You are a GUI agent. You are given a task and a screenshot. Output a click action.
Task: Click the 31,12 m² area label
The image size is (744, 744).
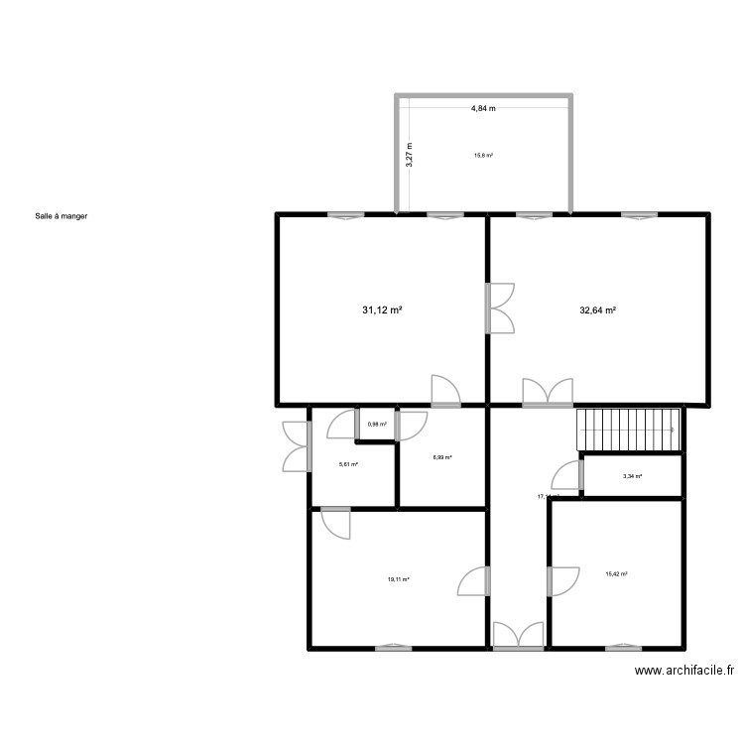[x=382, y=310]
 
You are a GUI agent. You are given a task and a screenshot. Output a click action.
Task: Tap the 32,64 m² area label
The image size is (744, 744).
[x=598, y=310]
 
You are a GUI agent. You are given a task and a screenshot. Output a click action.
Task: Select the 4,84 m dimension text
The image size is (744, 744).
[x=483, y=108]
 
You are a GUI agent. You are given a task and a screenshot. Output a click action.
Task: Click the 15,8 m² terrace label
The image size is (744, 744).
[x=483, y=155]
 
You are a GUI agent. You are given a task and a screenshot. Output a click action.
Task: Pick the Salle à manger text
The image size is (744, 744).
[x=62, y=214]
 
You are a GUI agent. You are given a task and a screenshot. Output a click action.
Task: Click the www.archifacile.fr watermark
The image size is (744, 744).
[x=684, y=671]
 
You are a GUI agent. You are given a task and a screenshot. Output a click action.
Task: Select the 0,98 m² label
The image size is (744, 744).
[x=377, y=425]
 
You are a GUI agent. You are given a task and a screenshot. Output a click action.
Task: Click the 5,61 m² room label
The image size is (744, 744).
[x=348, y=463]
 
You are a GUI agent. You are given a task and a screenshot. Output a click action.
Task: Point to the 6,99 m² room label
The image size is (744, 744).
[x=442, y=457]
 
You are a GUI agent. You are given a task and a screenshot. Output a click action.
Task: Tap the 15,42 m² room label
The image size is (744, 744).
[x=617, y=573]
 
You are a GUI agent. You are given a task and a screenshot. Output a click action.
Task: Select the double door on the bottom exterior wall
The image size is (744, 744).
[x=518, y=637]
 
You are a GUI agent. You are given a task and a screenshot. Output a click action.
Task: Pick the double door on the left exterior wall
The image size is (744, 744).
[x=297, y=446]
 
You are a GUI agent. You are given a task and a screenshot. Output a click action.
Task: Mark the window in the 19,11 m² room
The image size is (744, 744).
[x=394, y=647]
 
